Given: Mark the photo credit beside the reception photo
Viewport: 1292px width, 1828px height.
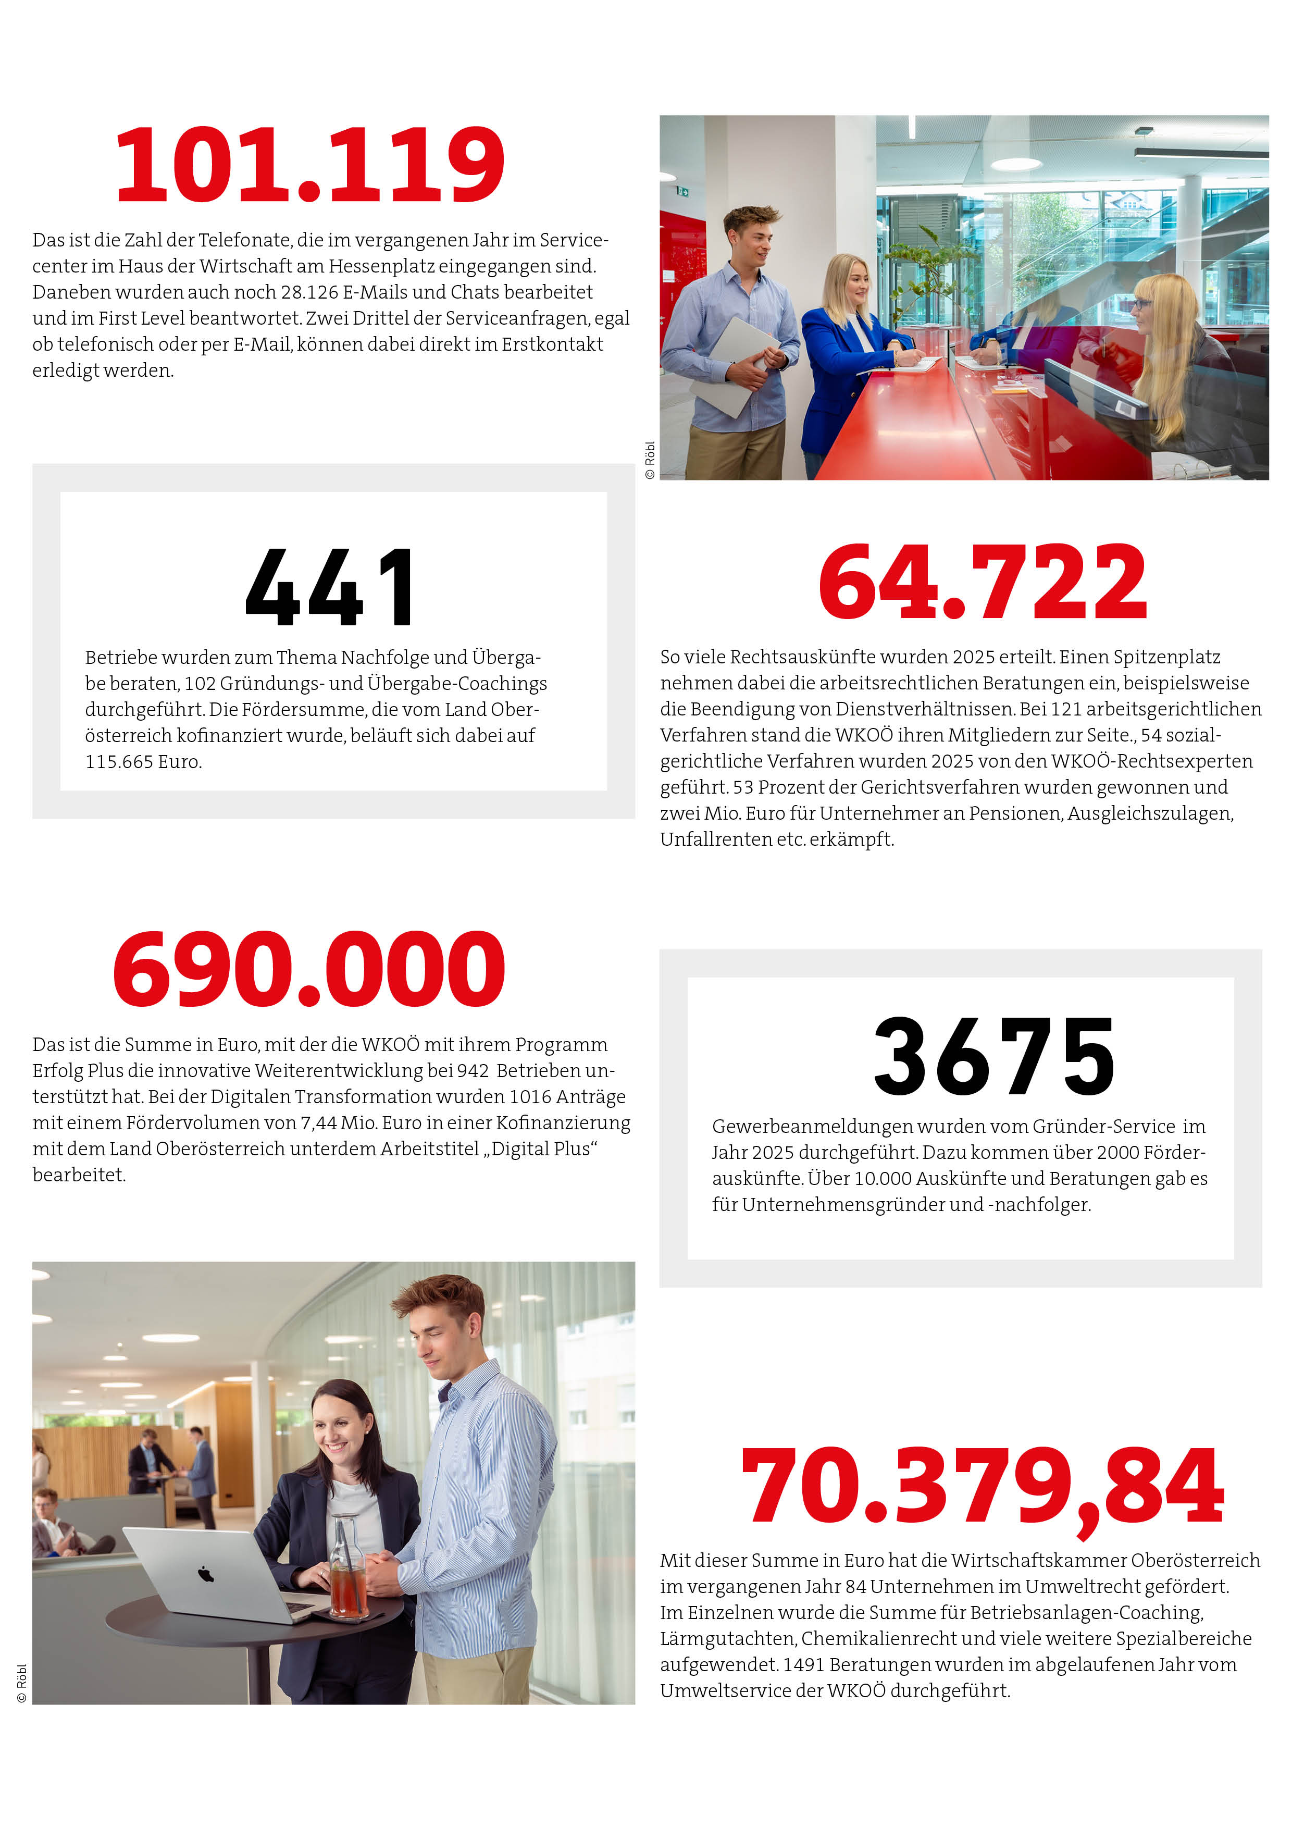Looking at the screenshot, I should (650, 460).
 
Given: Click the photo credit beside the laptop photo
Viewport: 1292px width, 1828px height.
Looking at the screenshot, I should (21, 1683).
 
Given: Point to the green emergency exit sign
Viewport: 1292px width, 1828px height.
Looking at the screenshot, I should (682, 191).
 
